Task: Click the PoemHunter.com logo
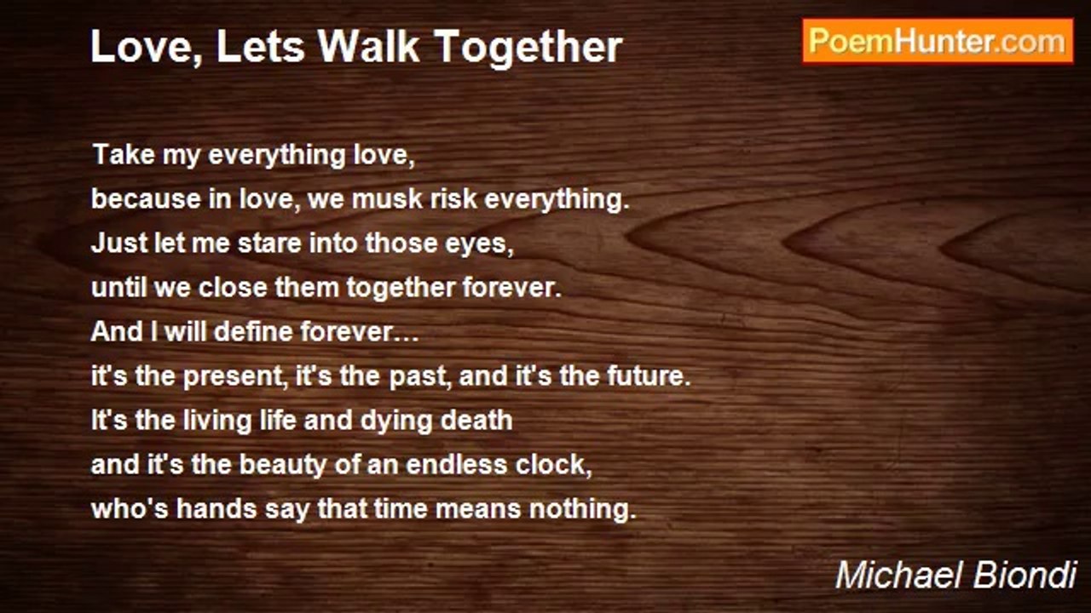pyautogui.click(x=938, y=41)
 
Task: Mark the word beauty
pyautogui.click(x=282, y=466)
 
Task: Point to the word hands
pyautogui.click(x=216, y=508)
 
